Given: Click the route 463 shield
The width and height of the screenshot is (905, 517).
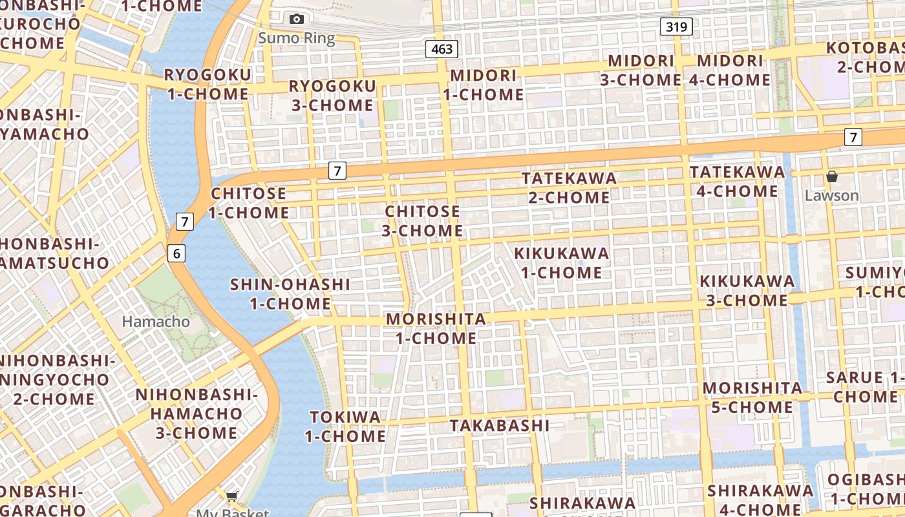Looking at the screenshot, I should tap(442, 49).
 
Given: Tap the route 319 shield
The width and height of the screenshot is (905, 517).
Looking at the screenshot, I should tap(677, 26).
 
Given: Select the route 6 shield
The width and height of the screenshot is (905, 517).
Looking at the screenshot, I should tap(176, 253).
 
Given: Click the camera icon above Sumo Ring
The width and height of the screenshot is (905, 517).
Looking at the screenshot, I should tap(297, 19).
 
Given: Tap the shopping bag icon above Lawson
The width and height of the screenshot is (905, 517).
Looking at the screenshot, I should tap(832, 176).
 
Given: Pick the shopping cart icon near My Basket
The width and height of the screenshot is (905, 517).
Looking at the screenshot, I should tap(231, 496).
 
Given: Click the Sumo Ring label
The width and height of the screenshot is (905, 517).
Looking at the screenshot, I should tap(297, 38).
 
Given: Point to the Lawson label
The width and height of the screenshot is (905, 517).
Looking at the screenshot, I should tap(832, 195).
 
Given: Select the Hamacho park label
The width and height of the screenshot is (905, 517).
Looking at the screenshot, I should tap(156, 321).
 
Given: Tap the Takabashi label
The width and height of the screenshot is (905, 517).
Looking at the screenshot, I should tap(500, 425).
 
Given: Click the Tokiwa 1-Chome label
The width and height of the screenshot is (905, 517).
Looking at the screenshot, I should tap(345, 427).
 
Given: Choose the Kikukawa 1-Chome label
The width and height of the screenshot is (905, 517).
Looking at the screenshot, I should tap(561, 262).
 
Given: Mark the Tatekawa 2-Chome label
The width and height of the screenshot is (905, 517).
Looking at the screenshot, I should tap(569, 187).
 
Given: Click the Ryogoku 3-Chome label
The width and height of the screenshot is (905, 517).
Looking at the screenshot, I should tap(332, 95).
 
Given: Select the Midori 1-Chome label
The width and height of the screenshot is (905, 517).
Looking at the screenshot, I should tap(484, 85).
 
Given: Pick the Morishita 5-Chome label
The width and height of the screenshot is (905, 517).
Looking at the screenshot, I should tap(752, 397).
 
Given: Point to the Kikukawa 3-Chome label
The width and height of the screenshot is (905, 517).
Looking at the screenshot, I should tap(747, 291).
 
